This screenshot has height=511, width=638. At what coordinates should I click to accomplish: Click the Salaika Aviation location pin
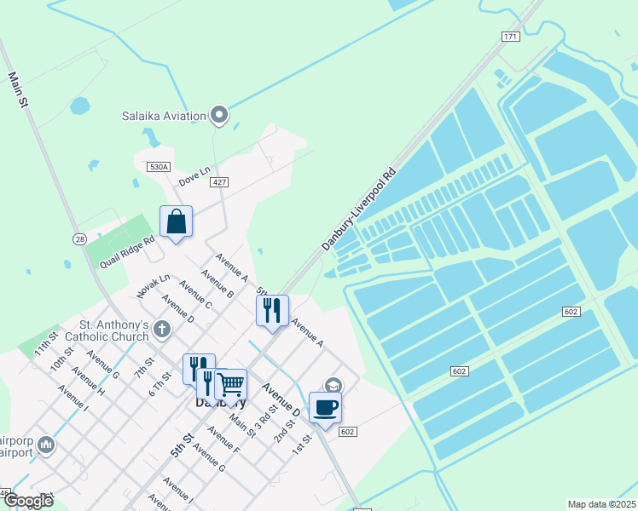click(x=219, y=115)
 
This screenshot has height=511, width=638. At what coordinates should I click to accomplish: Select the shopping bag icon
click(x=176, y=221)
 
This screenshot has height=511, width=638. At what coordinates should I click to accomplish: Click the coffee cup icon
click(x=325, y=407)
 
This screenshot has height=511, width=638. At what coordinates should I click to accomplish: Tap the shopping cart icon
click(x=230, y=384)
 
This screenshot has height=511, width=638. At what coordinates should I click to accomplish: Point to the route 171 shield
click(x=510, y=37)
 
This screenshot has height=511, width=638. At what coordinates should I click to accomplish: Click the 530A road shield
click(x=159, y=168)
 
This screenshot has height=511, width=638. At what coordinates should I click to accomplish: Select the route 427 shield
click(x=219, y=182)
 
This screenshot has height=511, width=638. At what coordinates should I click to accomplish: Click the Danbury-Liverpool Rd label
click(x=359, y=209)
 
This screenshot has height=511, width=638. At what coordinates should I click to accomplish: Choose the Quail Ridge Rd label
click(x=126, y=251)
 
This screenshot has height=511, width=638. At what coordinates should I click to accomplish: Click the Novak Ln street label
click(x=154, y=286)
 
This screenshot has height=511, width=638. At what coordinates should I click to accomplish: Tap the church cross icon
click(x=162, y=329)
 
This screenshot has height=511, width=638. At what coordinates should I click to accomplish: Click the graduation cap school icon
click(x=333, y=386)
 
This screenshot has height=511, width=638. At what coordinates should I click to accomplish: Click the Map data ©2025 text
click(x=601, y=504)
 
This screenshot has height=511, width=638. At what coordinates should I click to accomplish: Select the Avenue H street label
click(x=89, y=381)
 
